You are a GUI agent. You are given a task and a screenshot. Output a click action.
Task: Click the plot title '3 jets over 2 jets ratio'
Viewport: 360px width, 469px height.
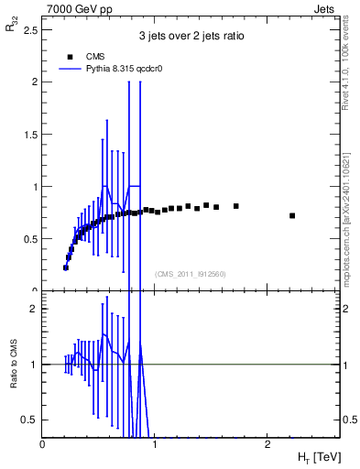click(x=191, y=37)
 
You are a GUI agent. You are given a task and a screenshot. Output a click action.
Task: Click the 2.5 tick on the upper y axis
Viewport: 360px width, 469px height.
click(x=32, y=29)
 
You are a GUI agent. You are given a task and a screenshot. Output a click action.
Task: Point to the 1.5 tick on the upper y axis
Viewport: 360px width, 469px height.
click(x=32, y=134)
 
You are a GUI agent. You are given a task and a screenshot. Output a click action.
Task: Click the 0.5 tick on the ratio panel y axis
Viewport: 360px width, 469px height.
click(x=32, y=420)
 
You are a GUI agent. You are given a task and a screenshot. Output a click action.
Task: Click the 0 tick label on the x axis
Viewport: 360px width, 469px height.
click(x=43, y=444)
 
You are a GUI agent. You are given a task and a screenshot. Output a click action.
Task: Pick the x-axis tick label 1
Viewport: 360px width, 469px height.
click(x=156, y=444)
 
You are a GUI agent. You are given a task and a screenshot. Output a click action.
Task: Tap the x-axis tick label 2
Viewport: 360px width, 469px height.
click(x=267, y=444)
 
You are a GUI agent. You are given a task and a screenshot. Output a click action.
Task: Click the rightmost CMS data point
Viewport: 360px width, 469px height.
click(x=292, y=215)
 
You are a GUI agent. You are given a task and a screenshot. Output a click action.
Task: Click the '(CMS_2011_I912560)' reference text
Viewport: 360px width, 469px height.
click(x=190, y=273)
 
